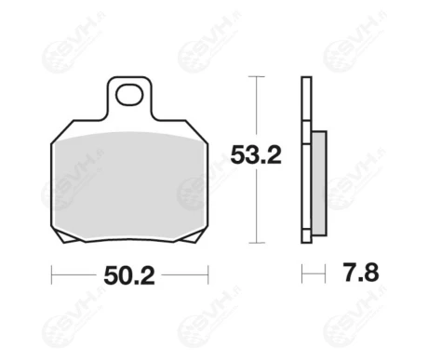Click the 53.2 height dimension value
pos(256,155)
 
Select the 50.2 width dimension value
pos(129,275)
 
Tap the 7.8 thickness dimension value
pos(361,273)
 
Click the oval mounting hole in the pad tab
pos(129,95)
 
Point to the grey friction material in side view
pos(319,183)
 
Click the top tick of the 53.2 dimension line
pos(257,76)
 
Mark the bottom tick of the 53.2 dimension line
pos(257,243)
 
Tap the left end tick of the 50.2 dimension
pos(51,274)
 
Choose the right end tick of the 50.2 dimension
pos(208,274)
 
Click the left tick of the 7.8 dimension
pos(301,273)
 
